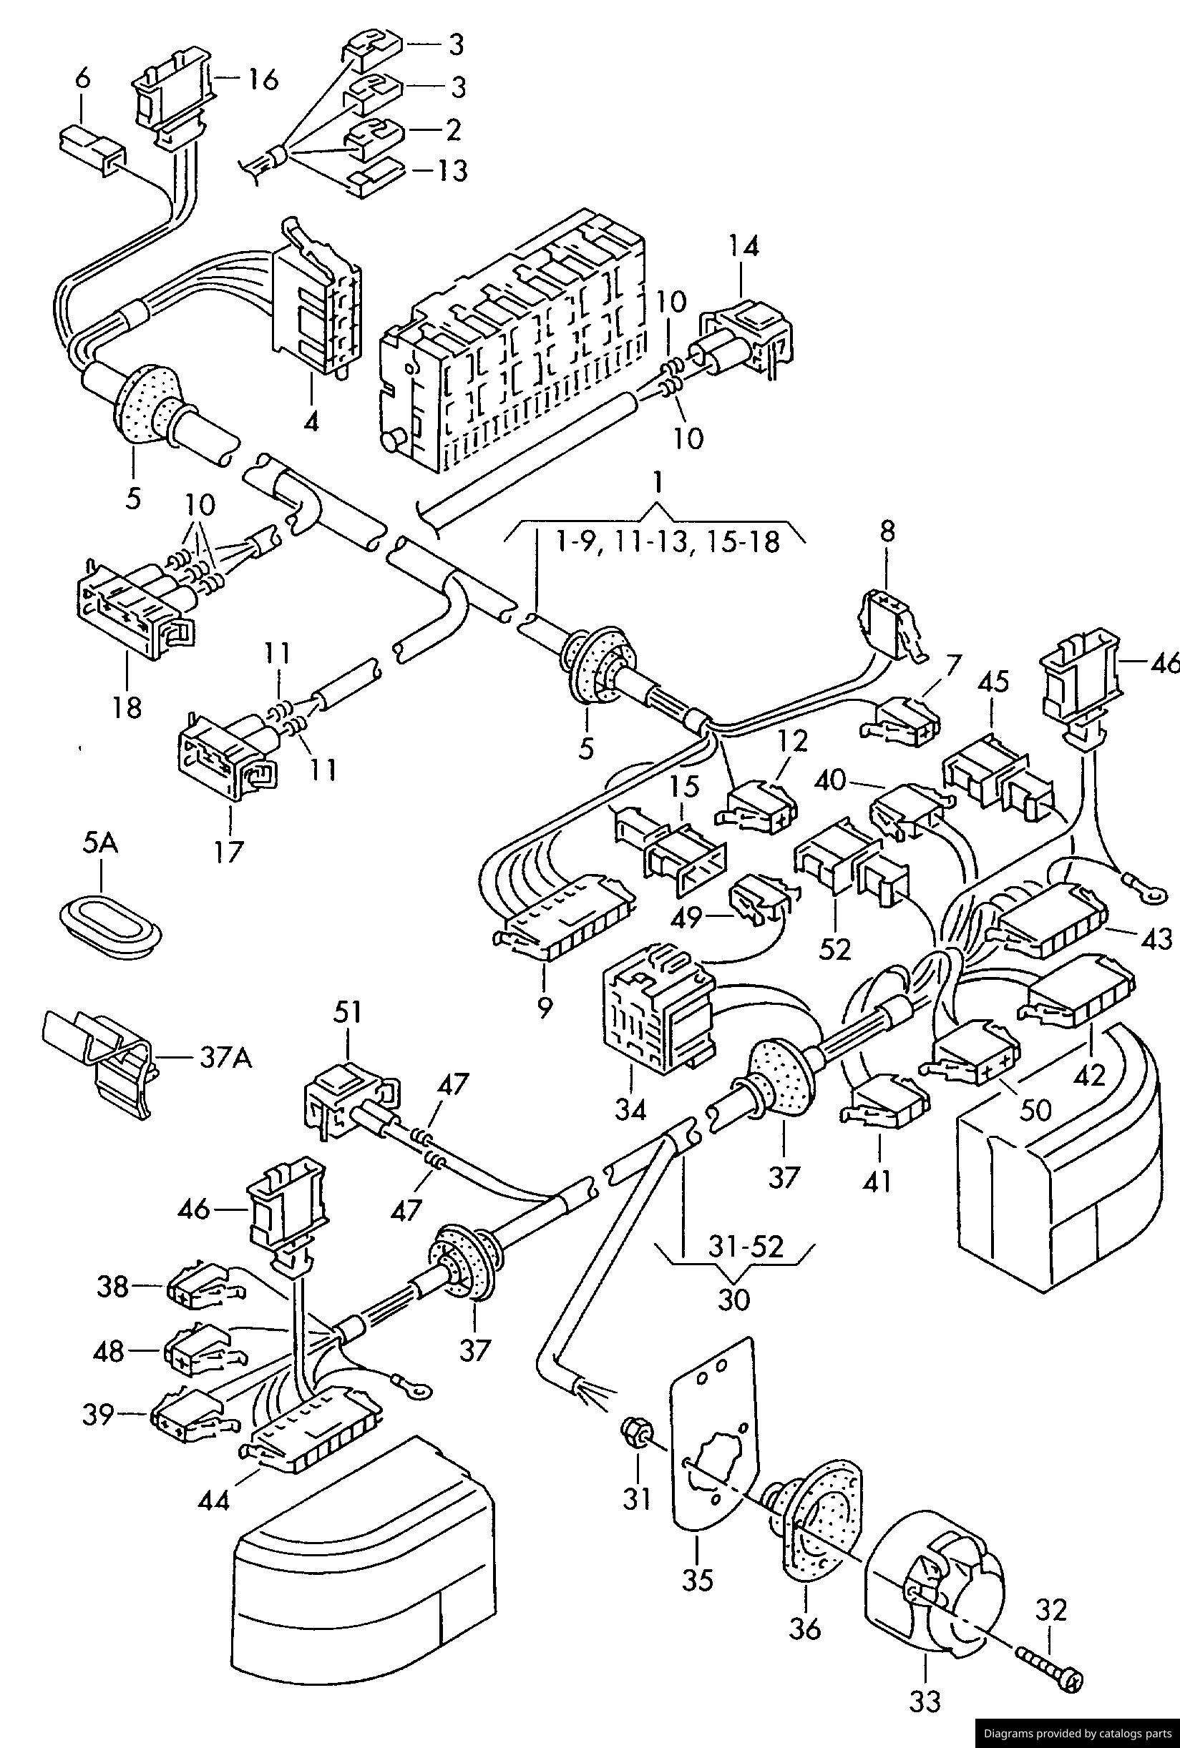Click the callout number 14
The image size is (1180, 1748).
(743, 247)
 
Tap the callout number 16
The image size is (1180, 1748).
(263, 78)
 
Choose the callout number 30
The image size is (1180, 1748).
(733, 1299)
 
